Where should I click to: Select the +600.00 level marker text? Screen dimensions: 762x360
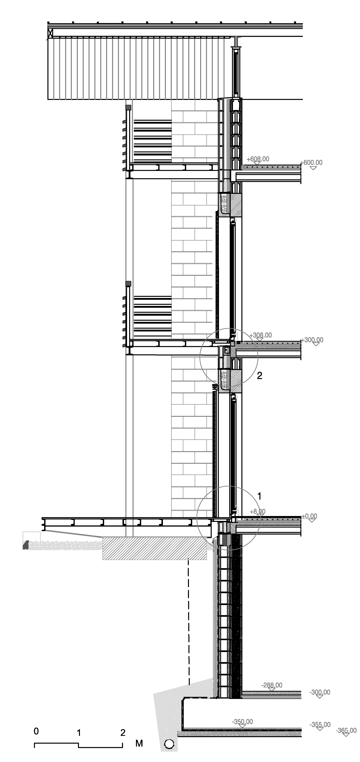311,162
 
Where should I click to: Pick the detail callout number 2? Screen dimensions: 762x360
259,376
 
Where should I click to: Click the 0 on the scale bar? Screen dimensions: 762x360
36,731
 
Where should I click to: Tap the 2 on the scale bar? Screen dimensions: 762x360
123,733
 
